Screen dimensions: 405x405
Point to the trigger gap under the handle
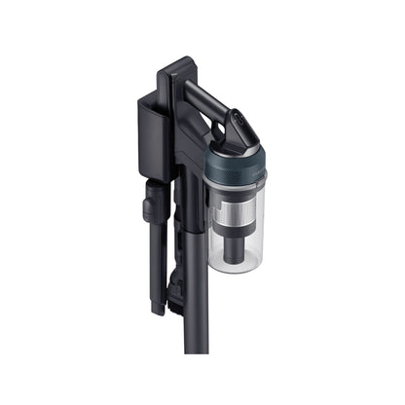(x=200, y=136)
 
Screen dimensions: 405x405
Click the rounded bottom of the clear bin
(x=236, y=265)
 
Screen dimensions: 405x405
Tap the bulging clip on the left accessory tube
(x=151, y=205)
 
